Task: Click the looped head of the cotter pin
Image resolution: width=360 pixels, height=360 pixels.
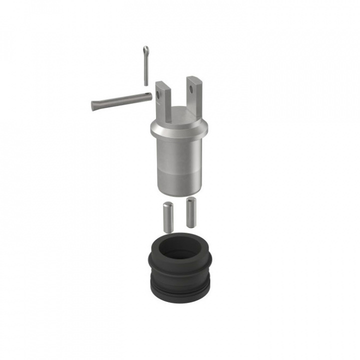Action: tap(145, 50)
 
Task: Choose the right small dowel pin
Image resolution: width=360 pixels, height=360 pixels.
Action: tap(190, 212)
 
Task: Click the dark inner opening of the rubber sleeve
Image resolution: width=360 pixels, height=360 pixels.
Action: tap(180, 247)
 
